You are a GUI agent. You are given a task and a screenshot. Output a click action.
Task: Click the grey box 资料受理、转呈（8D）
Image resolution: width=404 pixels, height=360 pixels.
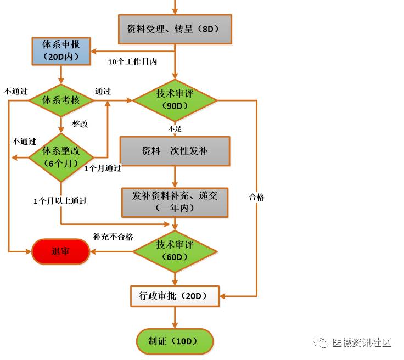(x=175, y=29)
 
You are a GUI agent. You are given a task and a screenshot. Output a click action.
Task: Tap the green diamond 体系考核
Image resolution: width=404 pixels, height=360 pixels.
(x=61, y=100)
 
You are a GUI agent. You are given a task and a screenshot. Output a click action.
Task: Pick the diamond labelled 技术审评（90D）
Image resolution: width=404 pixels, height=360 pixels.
(x=175, y=100)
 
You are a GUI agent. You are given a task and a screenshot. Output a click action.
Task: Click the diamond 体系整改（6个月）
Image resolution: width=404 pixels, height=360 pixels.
(x=61, y=157)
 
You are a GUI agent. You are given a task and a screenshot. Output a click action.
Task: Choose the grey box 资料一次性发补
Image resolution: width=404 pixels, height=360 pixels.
(x=175, y=150)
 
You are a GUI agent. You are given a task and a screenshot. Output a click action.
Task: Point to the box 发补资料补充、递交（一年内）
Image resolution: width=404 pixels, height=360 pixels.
(x=175, y=202)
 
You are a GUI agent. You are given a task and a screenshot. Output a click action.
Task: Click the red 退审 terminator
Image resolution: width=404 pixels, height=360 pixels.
(x=60, y=252)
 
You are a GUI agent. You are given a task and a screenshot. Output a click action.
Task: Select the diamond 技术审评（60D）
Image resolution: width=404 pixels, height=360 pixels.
(x=175, y=251)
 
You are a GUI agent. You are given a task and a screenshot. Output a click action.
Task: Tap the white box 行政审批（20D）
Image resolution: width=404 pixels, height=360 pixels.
(x=175, y=296)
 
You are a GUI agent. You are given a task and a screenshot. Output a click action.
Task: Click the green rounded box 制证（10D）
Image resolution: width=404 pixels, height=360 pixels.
(x=175, y=341)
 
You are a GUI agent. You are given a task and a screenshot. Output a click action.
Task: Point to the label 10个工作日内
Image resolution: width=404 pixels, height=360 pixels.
(x=132, y=62)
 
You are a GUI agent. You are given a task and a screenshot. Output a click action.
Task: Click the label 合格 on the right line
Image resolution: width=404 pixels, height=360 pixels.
(x=256, y=197)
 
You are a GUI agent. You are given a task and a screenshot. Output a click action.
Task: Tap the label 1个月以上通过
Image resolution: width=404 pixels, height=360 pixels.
(x=60, y=201)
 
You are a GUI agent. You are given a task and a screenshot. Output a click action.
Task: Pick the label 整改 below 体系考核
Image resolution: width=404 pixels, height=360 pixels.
(x=80, y=124)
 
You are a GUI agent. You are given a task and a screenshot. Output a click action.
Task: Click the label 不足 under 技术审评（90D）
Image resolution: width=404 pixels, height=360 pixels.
(x=175, y=128)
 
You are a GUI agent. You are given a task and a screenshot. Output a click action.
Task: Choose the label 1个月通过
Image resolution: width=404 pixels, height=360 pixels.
(x=103, y=168)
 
